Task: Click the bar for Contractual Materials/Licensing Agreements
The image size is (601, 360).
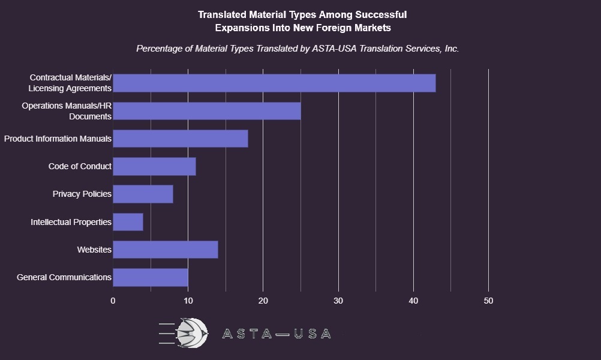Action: [274, 83]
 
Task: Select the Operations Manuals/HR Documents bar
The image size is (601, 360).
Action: [207, 111]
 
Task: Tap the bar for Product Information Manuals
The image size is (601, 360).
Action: [181, 139]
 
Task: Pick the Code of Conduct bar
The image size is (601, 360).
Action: [154, 166]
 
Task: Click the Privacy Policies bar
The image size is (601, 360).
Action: [143, 194]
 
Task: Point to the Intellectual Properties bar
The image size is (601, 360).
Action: [128, 222]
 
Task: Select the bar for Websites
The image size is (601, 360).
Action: [166, 250]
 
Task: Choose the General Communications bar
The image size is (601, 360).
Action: [151, 277]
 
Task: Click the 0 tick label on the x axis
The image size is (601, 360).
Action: [113, 301]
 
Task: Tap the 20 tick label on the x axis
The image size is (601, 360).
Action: [263, 301]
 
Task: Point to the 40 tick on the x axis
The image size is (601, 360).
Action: [413, 301]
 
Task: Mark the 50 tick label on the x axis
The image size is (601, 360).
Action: [488, 301]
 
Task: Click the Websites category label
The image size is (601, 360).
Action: [94, 250]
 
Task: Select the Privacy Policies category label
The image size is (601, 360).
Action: [82, 194]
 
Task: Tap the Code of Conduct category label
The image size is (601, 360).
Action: [80, 166]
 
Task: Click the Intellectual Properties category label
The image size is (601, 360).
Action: [71, 222]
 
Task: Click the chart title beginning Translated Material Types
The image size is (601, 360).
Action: [302, 21]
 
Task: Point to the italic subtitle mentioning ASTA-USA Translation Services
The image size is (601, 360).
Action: [298, 49]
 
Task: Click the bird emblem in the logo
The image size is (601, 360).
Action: [192, 332]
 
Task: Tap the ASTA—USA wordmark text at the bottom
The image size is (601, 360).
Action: [276, 334]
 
